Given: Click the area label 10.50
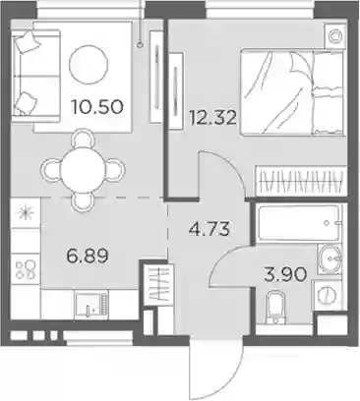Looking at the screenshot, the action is click(x=97, y=107).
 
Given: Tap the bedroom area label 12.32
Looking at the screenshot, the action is click(x=212, y=117).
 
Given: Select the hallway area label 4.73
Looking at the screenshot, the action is click(x=209, y=228).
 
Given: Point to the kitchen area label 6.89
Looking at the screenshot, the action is click(x=88, y=256).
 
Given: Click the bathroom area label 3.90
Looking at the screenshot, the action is click(x=285, y=274).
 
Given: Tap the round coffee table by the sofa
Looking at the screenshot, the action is click(x=89, y=65).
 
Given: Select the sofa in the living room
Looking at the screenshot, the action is click(x=35, y=72).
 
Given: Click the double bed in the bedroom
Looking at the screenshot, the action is click(x=293, y=92).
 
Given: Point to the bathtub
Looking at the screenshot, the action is click(x=298, y=223).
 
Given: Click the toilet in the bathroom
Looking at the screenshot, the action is click(x=274, y=308).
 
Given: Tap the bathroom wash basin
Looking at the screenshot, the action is click(x=330, y=259).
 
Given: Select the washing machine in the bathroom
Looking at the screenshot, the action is click(x=327, y=295).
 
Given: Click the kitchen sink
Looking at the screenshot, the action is click(x=90, y=305).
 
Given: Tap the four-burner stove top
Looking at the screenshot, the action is click(x=26, y=269).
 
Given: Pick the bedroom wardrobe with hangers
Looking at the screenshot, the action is click(x=301, y=182).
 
